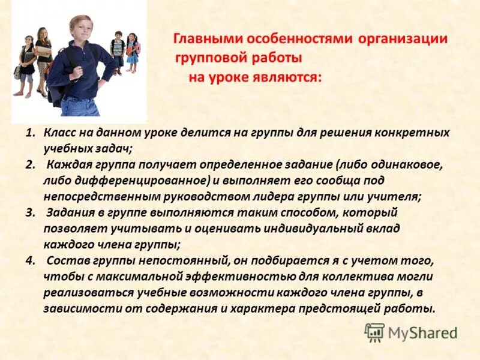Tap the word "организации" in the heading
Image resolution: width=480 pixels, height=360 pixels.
point(403,40)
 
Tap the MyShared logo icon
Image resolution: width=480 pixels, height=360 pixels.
point(374,332)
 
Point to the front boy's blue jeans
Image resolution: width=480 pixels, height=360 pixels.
point(80,106)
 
